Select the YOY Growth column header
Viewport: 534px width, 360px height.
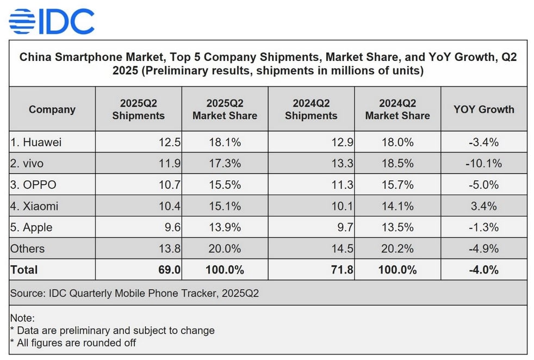[483, 109]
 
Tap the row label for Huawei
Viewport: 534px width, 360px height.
[36, 142]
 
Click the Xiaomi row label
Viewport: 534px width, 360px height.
[34, 206]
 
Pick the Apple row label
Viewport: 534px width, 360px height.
[31, 227]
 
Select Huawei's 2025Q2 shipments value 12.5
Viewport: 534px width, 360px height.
[169, 142]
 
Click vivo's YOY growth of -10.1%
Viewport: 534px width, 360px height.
[483, 163]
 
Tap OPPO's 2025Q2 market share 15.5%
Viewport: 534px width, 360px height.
[225, 185]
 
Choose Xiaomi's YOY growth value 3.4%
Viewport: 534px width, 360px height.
[483, 206]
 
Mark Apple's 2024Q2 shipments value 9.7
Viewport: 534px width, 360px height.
[345, 227]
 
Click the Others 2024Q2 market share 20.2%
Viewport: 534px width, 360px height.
[398, 249]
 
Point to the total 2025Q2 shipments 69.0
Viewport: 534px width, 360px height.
[169, 270]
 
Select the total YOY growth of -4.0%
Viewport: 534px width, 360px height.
[483, 270]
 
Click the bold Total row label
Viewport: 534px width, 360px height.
[24, 270]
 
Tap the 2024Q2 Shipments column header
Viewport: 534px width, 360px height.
[311, 109]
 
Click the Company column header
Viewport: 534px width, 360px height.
[52, 109]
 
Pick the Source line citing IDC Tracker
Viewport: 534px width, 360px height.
[134, 294]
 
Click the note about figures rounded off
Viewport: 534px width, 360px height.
[73, 343]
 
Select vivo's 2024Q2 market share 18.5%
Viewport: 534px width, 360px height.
[398, 163]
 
